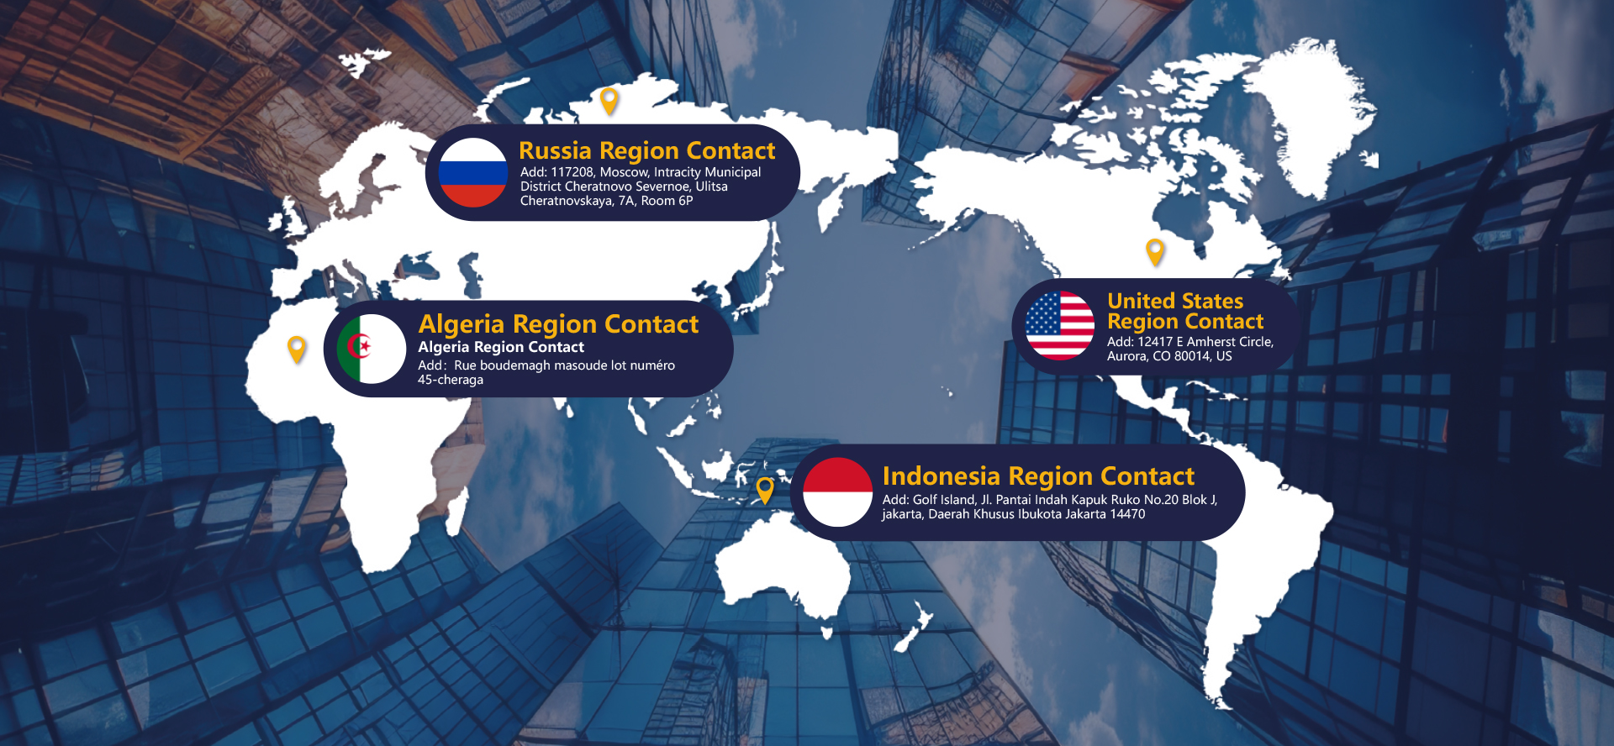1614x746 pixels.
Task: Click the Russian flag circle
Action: point(472,173)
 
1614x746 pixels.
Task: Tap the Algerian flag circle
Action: point(372,349)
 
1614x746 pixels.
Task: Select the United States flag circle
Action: point(1059,326)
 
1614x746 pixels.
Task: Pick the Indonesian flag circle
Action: point(837,492)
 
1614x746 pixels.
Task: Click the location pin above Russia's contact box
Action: point(609,101)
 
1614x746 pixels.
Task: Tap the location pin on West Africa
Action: point(297,349)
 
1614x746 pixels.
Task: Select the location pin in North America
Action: point(1155,251)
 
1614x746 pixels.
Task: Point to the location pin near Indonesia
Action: point(765,490)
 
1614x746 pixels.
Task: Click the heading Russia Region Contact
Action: point(646,150)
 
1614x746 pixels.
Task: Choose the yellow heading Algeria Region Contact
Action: point(558,324)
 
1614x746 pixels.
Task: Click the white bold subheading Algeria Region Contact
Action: point(501,347)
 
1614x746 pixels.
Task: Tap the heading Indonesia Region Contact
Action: point(1038,476)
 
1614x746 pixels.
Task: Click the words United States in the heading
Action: point(1175,301)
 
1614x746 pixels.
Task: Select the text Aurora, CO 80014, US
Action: point(1169,356)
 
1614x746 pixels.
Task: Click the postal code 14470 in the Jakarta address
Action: point(1127,514)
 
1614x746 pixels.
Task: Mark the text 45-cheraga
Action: point(451,380)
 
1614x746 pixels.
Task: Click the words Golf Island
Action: point(944,500)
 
